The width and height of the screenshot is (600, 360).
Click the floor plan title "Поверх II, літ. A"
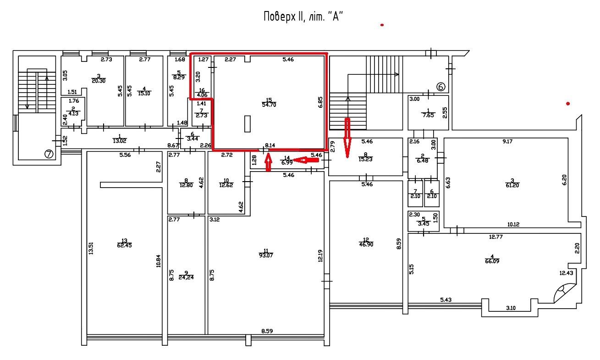pyautogui.click(x=303, y=17)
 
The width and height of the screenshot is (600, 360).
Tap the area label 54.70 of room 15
pyautogui.click(x=269, y=105)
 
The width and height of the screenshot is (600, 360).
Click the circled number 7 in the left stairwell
pyautogui.click(x=49, y=154)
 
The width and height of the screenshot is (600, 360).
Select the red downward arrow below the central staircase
pyautogui.click(x=347, y=138)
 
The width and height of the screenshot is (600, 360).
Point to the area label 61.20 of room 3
pyautogui.click(x=513, y=185)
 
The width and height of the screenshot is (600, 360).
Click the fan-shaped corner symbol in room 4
pyautogui.click(x=563, y=292)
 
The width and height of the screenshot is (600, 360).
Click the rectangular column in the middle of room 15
pyautogui.click(x=248, y=123)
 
